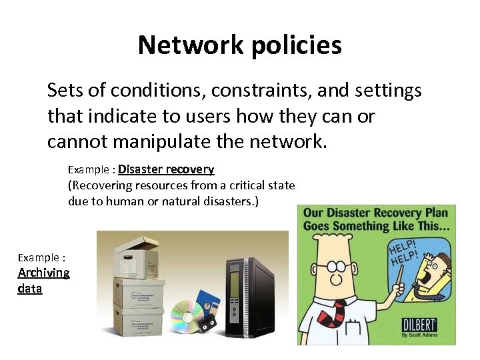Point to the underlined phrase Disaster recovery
tap(166, 169)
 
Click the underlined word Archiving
tap(43, 272)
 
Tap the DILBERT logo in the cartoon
tap(419, 325)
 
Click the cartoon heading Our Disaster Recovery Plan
tap(375, 214)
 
